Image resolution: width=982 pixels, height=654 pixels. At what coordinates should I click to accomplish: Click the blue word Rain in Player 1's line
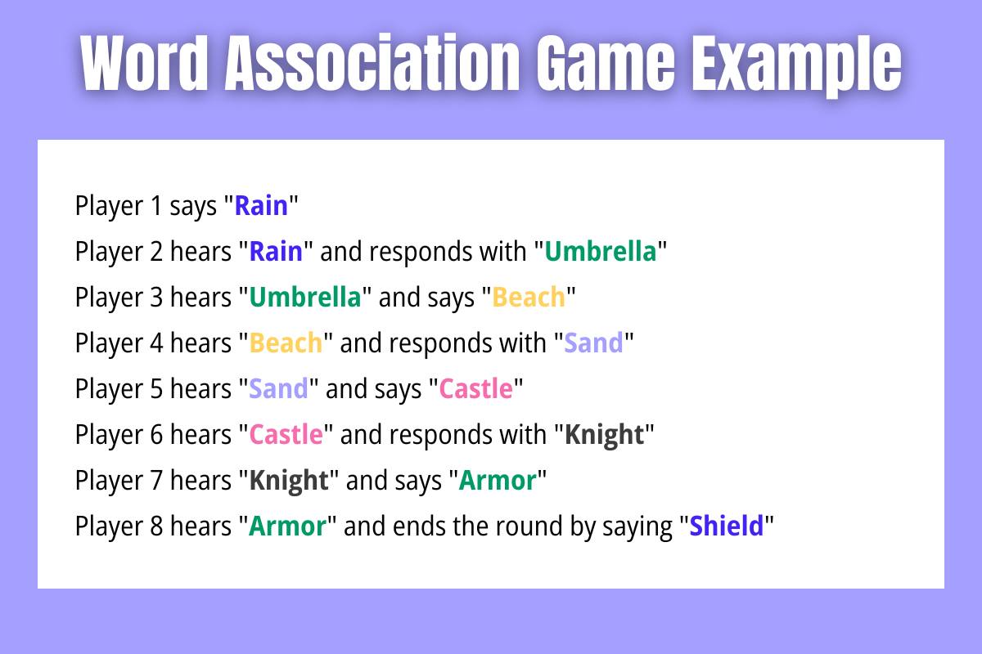click(261, 205)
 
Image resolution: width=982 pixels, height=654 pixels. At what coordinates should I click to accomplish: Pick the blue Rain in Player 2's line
click(276, 251)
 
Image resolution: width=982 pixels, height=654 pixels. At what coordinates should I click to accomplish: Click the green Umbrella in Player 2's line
click(601, 251)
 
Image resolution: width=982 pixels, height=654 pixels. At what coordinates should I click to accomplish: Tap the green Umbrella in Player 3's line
click(304, 297)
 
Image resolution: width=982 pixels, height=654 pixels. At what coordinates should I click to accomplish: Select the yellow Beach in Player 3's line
click(529, 297)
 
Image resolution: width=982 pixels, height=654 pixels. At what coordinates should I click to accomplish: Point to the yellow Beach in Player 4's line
click(286, 343)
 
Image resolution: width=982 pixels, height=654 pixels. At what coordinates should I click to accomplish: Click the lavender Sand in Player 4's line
click(593, 343)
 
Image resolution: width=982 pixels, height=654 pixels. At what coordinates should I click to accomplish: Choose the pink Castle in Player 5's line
click(475, 388)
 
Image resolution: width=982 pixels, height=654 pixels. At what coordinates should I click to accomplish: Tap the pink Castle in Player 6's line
click(286, 434)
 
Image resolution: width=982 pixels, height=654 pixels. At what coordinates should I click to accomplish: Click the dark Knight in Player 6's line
click(604, 434)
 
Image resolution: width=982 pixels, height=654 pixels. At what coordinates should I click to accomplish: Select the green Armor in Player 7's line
click(497, 480)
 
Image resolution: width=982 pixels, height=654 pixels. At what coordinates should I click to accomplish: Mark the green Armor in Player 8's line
click(287, 526)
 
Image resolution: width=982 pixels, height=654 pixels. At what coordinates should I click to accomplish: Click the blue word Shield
click(726, 526)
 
